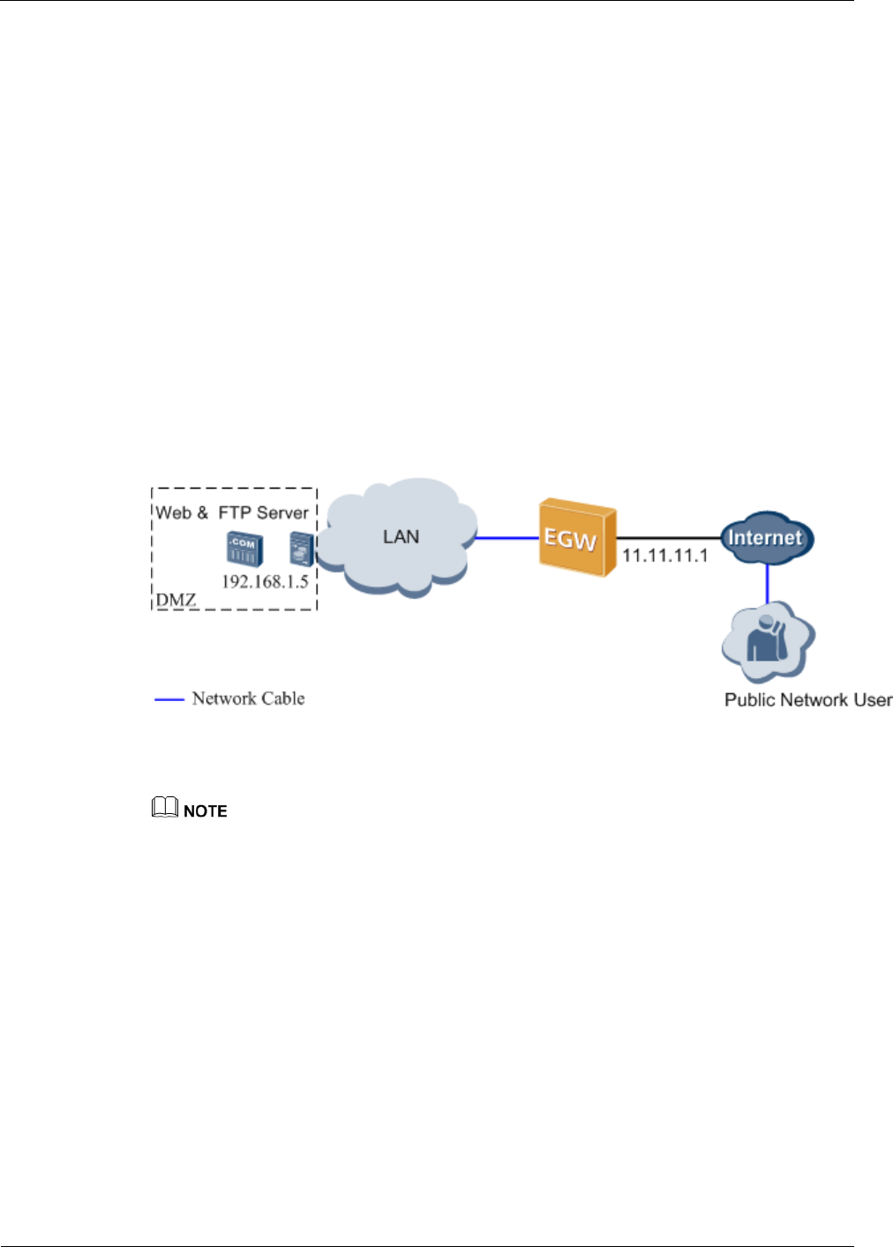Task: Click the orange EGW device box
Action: [578, 537]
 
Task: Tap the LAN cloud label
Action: [401, 537]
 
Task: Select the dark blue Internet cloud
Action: [767, 538]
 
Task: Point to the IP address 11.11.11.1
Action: [664, 556]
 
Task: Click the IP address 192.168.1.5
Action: [266, 582]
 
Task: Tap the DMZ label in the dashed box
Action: [176, 600]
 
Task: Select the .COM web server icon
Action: [244, 549]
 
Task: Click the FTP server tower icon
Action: [302, 549]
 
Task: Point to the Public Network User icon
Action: [769, 642]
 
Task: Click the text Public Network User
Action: [808, 699]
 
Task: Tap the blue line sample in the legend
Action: [169, 699]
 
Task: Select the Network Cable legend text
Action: [249, 698]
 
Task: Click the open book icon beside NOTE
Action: [165, 807]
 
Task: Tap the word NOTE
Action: [205, 811]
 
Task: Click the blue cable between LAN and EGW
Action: [507, 538]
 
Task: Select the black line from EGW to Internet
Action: [669, 538]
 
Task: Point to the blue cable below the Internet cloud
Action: [768, 584]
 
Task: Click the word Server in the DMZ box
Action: [282, 512]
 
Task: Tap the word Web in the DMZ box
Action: [173, 512]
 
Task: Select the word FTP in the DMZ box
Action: [235, 512]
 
